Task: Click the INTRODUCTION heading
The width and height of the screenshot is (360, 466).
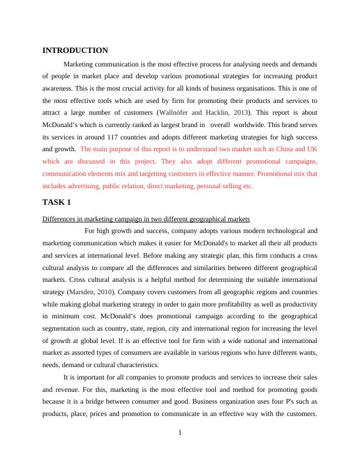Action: click(75, 51)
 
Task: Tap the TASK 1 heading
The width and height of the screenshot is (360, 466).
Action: click(57, 202)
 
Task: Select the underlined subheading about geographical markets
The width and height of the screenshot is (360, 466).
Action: click(147, 218)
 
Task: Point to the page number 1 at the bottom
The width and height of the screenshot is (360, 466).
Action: click(180, 434)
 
